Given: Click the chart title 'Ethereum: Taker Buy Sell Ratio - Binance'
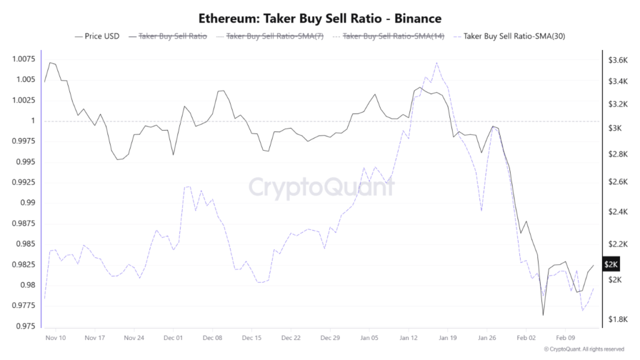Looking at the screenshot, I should tap(320, 18).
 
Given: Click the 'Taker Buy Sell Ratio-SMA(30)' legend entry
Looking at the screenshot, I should tap(512, 36).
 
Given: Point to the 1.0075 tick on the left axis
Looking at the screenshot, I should tap(23, 59).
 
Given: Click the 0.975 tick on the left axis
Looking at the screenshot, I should tap(26, 326).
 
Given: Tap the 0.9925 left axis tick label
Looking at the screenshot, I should tap(23, 182).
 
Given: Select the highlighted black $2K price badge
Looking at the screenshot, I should tap(611, 264).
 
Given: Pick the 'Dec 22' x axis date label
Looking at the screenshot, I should tap(291, 337).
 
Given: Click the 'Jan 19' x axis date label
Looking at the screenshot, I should tap(447, 337).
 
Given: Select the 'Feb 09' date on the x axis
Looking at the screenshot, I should tap(565, 337).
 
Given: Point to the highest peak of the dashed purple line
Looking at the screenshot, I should tap(436, 62).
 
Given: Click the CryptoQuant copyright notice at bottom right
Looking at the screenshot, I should tap(584, 349).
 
